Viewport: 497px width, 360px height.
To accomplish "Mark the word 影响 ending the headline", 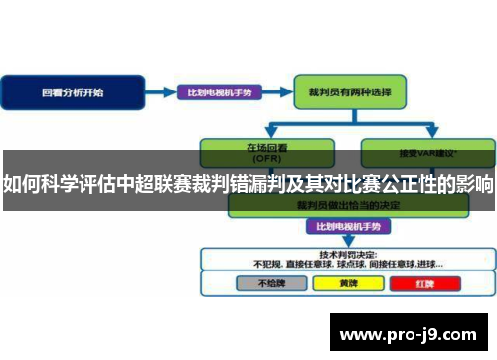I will click(x=474, y=184).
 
